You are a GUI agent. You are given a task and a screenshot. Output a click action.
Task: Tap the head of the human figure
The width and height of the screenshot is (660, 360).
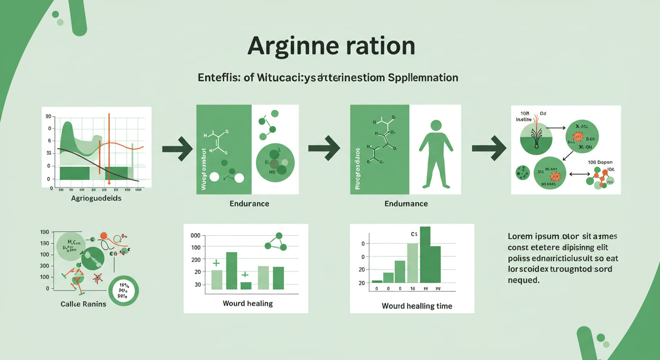point(436,125)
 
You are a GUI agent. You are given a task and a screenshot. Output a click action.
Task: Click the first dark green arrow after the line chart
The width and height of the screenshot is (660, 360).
point(178,149)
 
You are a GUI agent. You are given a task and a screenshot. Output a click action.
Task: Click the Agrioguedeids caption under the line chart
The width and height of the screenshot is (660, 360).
point(96,199)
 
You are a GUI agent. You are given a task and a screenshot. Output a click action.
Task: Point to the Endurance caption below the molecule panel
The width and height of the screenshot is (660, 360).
point(249,204)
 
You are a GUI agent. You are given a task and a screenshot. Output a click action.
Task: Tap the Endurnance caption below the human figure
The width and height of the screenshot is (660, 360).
point(406,204)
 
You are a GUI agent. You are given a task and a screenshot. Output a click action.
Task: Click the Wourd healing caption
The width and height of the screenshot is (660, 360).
point(248,303)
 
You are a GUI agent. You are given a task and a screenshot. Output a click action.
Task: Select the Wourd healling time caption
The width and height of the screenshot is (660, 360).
point(417,306)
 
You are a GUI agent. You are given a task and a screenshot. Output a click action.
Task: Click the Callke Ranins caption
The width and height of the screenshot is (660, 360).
point(83,304)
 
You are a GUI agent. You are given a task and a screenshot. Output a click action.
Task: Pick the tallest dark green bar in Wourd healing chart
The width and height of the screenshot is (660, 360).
point(232,270)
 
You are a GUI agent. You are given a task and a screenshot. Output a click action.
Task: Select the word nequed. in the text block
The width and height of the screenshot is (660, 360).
point(524,280)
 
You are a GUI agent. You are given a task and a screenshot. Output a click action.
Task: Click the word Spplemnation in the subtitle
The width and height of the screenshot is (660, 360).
point(423,77)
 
